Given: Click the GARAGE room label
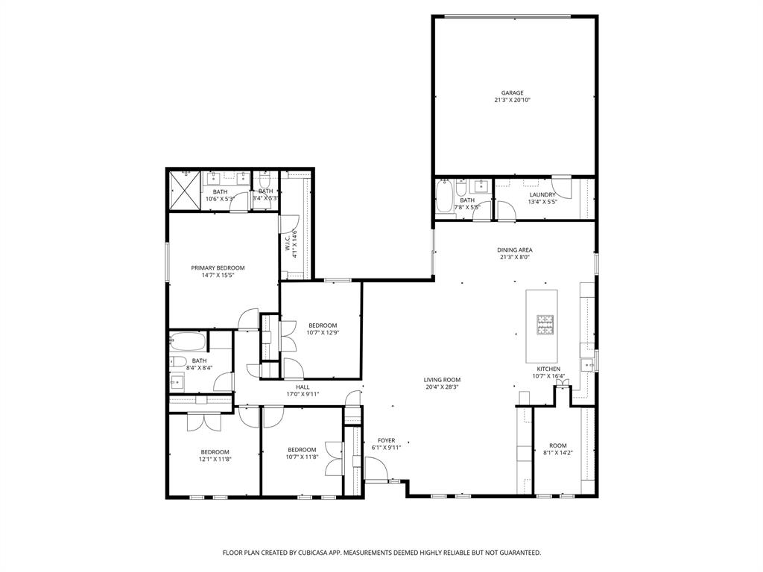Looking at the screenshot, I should tap(512, 93).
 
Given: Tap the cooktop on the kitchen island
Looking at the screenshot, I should tap(545, 324).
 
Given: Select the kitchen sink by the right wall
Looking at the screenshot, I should tap(588, 364).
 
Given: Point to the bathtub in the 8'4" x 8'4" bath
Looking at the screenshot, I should tap(188, 342).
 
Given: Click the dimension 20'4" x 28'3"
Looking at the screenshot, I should tap(443, 387).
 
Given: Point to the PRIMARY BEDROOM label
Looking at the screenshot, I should tap(218, 268).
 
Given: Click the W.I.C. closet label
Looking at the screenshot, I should tap(287, 244).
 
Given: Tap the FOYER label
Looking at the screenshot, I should tap(386, 440).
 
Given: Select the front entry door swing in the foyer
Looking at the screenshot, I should tap(377, 469).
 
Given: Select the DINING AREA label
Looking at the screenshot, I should tap(516, 250).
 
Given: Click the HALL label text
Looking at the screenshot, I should tap(303, 387).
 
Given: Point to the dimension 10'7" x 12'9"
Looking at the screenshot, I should tap(323, 333).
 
